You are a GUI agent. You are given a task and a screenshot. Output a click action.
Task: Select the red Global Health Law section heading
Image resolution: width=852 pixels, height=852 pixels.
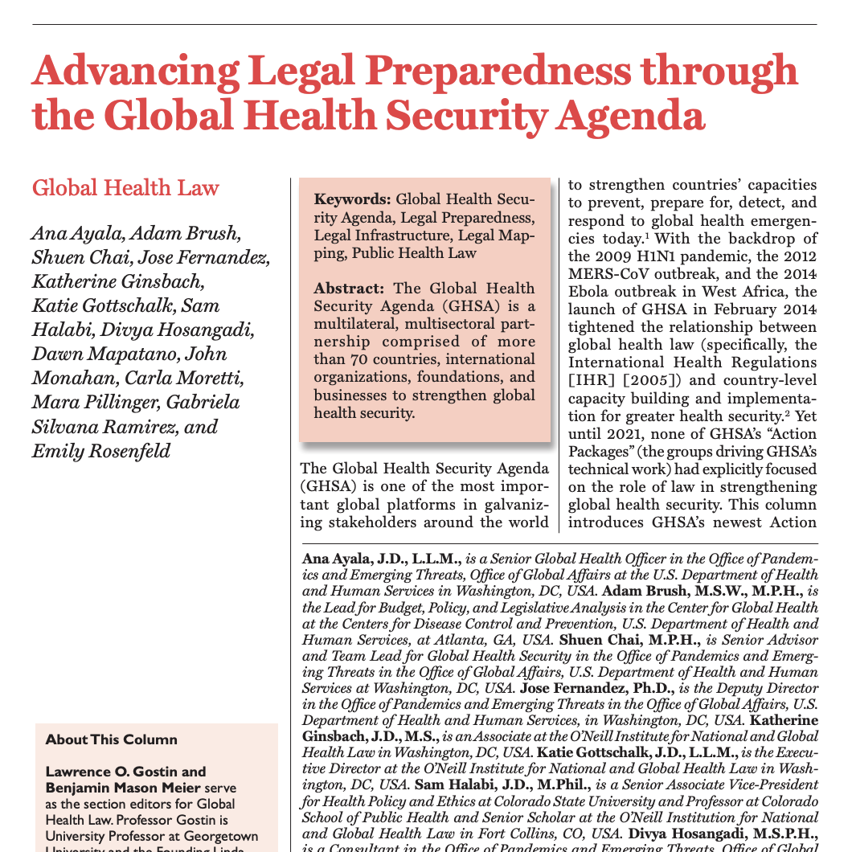click(125, 188)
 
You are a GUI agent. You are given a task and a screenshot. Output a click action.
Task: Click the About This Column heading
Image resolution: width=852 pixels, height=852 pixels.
click(112, 739)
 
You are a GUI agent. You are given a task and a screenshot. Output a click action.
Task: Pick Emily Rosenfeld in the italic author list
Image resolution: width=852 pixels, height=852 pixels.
click(101, 451)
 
